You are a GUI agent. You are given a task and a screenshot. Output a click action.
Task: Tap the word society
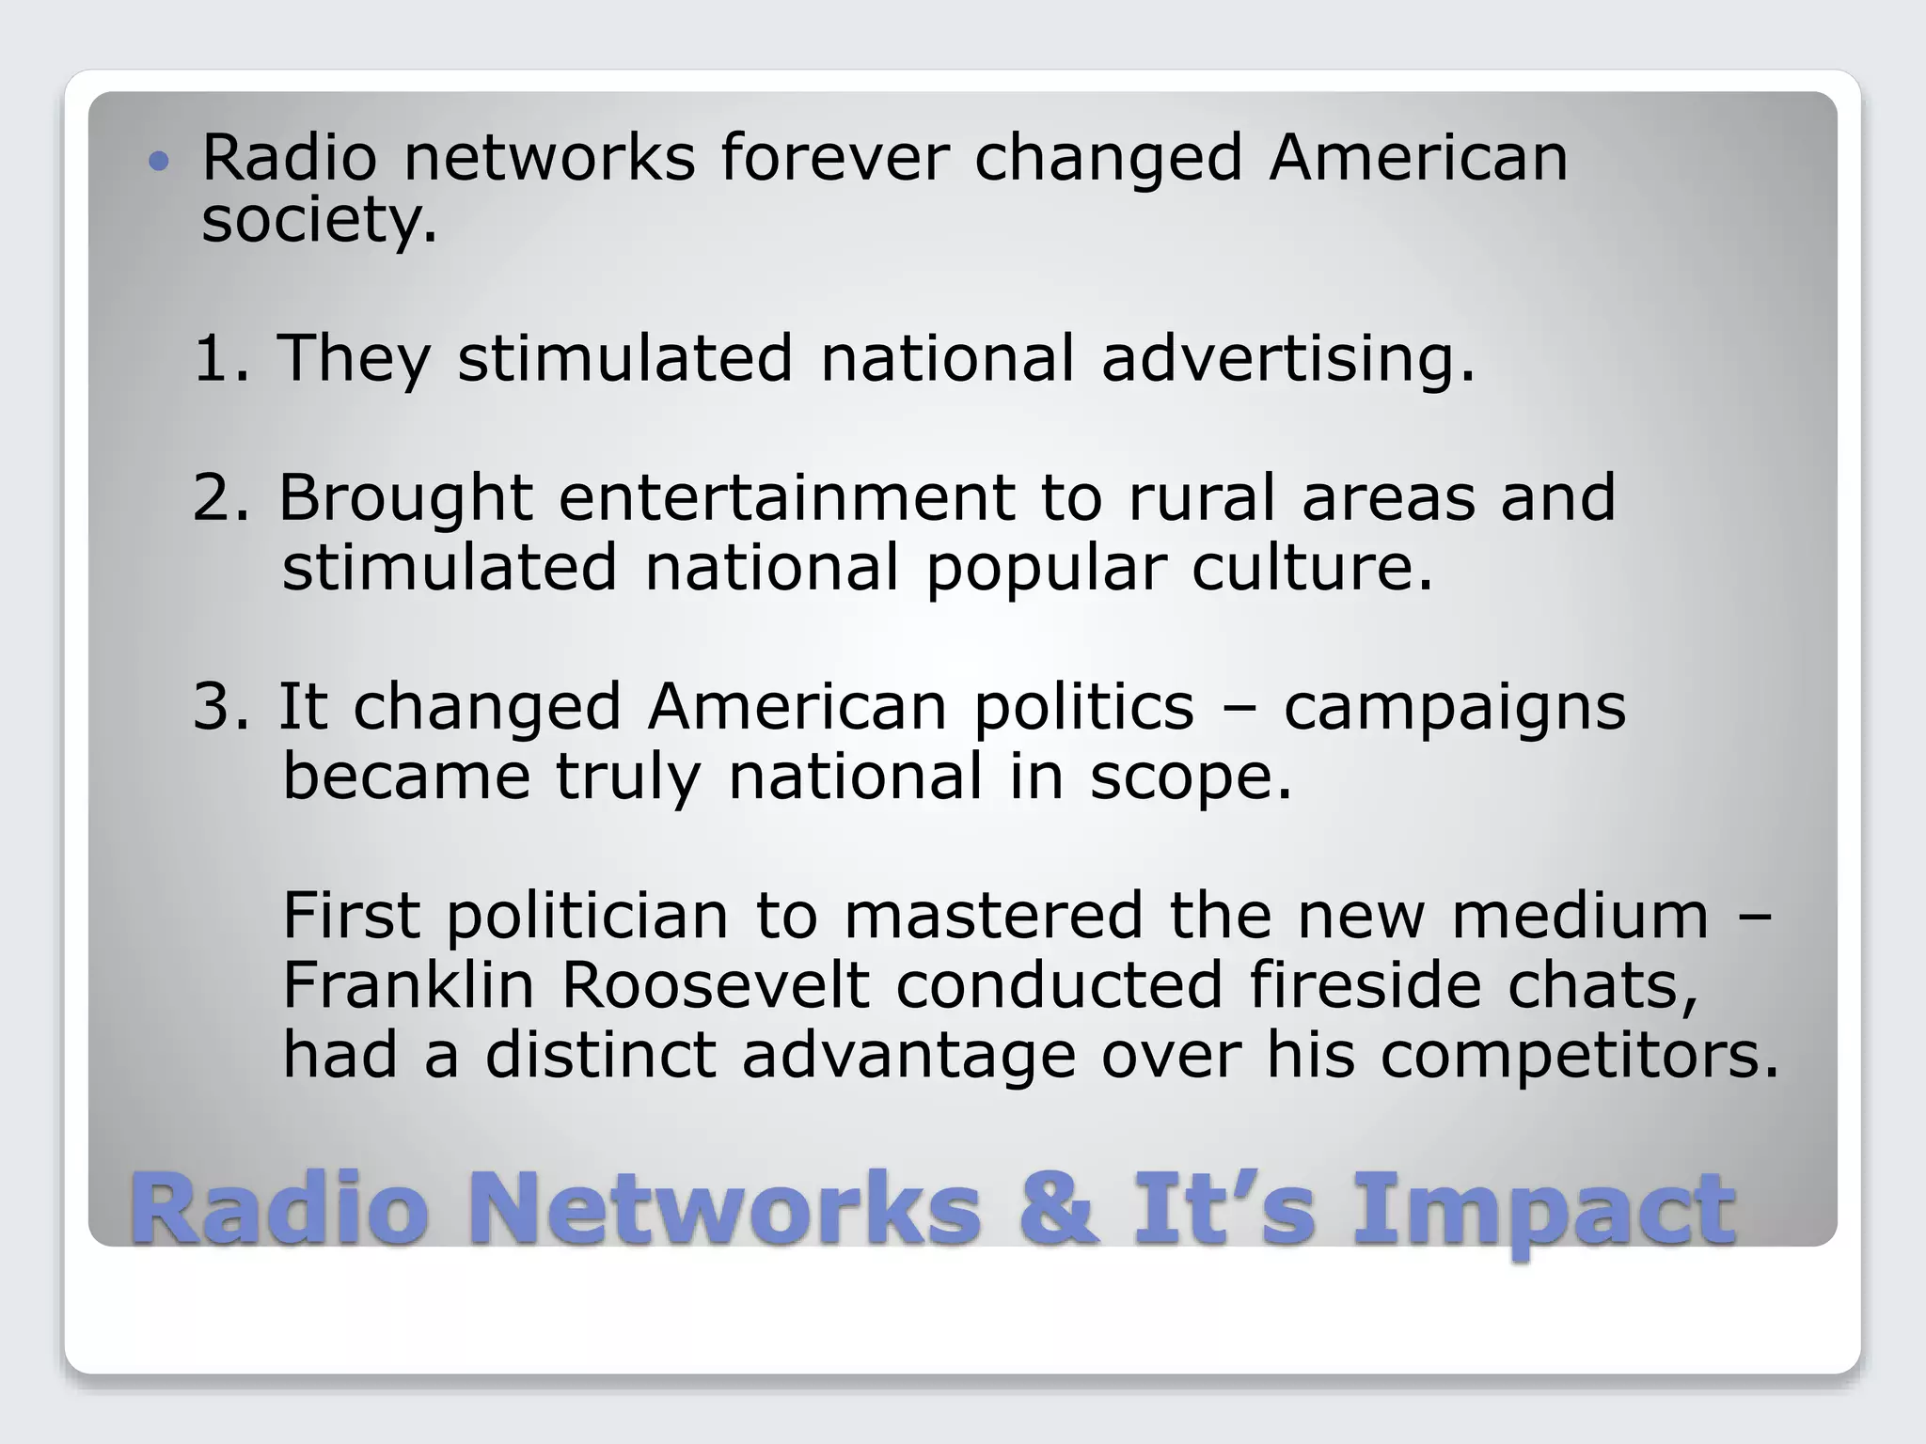click(319, 221)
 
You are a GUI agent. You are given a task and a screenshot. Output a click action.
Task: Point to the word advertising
click(1287, 360)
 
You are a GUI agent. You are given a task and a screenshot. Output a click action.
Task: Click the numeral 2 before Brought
click(213, 497)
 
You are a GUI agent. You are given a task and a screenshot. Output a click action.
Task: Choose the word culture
click(1312, 567)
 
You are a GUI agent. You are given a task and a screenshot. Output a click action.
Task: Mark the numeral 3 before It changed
click(213, 706)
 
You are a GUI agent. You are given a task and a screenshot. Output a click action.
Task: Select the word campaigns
click(1454, 708)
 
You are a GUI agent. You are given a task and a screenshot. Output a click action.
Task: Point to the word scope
click(1191, 777)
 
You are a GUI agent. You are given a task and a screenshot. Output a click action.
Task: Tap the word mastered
click(993, 915)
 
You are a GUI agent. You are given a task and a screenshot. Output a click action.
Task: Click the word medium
click(1580, 915)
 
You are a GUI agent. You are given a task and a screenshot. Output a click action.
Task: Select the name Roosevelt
click(715, 984)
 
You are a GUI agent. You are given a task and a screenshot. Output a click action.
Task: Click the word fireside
click(1365, 984)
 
